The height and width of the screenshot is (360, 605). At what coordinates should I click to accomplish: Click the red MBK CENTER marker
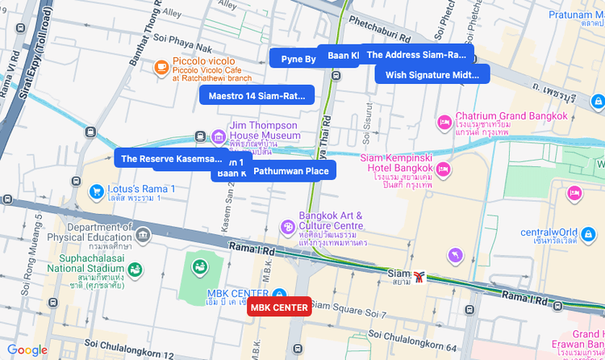(278, 308)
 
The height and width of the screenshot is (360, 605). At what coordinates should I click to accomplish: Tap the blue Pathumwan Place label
(290, 170)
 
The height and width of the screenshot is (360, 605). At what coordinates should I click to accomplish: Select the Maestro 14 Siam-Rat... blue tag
(257, 95)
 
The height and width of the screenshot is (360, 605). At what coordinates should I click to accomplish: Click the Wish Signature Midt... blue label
(432, 74)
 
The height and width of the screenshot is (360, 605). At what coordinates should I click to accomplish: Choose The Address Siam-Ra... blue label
(416, 55)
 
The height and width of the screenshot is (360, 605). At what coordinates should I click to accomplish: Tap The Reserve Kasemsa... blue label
(170, 158)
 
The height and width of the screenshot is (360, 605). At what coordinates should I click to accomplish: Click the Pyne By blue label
(298, 59)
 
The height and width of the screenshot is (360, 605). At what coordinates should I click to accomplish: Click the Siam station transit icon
(419, 277)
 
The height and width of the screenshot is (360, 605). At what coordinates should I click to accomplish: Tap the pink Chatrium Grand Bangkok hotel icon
(444, 121)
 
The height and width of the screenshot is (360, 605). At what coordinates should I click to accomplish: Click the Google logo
(27, 350)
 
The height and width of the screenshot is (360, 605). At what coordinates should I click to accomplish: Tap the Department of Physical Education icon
(144, 235)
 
